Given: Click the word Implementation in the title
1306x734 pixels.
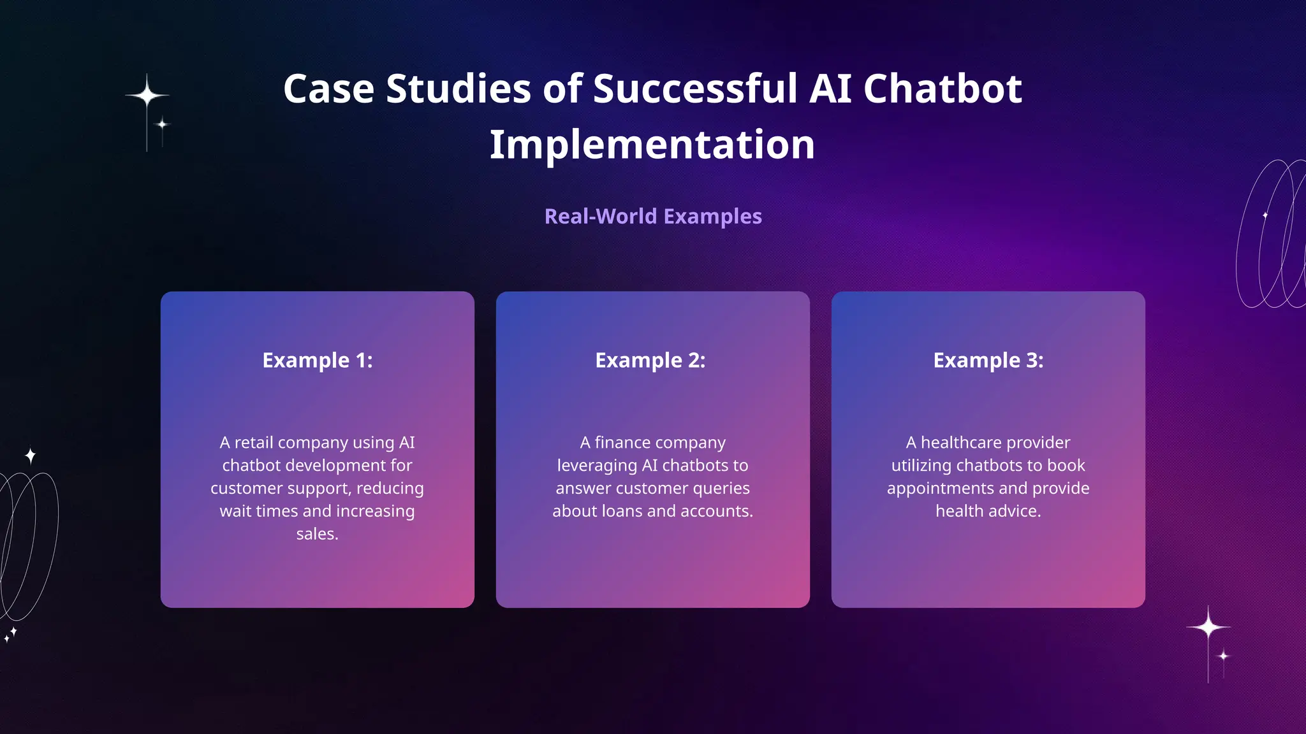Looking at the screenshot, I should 652,145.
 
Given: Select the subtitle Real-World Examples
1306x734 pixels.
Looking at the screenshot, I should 653,217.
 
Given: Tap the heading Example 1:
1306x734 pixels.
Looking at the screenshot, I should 317,361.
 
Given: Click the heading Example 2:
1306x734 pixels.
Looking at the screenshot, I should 650,361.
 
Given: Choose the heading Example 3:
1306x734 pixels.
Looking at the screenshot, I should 988,361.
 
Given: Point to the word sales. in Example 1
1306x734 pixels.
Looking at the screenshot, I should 317,534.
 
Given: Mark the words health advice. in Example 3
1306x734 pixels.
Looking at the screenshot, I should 988,511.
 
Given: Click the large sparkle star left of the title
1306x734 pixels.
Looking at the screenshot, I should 147,96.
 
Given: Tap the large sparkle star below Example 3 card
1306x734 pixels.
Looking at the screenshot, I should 1208,628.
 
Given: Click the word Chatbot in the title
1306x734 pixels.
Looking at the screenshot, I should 943,89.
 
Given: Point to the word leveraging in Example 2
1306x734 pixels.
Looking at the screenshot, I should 597,466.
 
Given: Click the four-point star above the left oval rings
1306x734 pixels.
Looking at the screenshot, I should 31,456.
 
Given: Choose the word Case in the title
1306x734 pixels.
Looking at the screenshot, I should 328,89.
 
